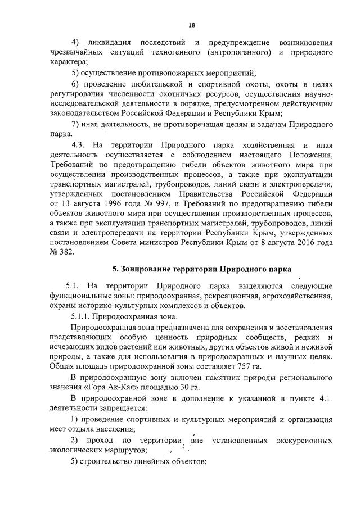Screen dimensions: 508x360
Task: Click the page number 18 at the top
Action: coord(191,25)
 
